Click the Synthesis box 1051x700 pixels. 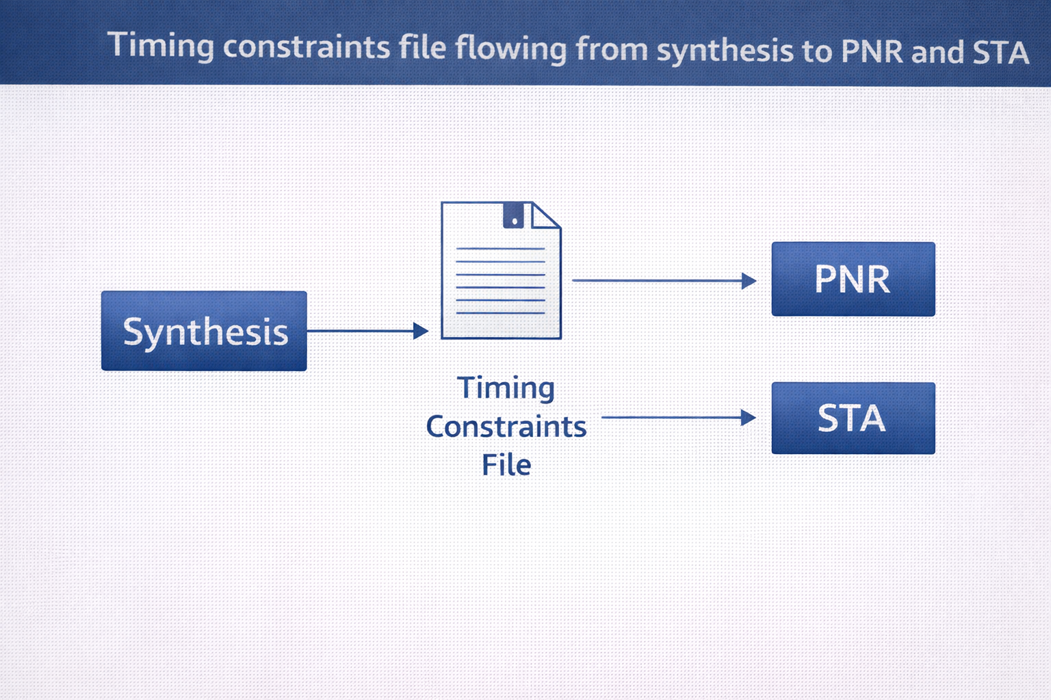(x=204, y=331)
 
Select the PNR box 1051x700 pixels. (x=853, y=279)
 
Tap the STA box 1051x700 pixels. (x=853, y=418)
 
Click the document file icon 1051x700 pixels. (x=501, y=270)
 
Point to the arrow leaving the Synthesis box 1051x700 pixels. (x=368, y=331)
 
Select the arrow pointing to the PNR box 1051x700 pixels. (x=664, y=281)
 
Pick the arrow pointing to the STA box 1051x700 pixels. (x=679, y=417)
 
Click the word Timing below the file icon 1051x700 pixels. (x=506, y=388)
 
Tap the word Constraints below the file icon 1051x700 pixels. (x=506, y=427)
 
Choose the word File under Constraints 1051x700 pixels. (x=507, y=465)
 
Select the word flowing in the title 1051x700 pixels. (x=511, y=49)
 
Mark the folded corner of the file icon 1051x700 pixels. (x=545, y=216)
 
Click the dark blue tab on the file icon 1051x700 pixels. (x=513, y=215)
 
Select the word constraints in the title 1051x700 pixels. (x=307, y=47)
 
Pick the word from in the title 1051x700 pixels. (x=612, y=49)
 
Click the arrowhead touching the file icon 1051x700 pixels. (x=421, y=331)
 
